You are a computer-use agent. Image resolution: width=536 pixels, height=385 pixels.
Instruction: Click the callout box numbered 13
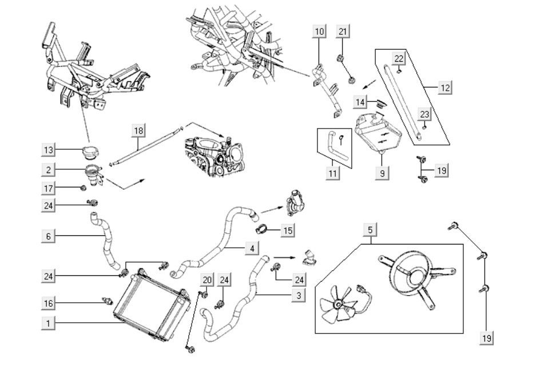49,150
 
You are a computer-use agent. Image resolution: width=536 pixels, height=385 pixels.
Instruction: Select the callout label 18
138,130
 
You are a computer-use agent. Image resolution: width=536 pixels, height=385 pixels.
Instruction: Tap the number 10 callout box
319,31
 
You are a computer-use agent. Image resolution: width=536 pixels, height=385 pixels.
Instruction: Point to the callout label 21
343,31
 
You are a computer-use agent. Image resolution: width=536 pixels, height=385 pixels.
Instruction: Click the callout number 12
445,88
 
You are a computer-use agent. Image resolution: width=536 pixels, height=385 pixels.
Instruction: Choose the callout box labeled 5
370,230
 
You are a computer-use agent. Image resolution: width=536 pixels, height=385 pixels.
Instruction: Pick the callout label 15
288,231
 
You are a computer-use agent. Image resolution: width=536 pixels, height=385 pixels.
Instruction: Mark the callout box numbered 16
49,302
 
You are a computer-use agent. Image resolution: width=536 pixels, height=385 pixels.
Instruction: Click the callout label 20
207,279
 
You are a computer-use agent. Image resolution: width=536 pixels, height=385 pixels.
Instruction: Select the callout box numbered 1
49,323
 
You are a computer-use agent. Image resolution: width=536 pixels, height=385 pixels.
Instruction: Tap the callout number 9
382,172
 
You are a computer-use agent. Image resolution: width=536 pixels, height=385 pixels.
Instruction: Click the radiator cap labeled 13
90,153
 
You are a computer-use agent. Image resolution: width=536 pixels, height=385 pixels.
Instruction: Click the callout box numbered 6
49,235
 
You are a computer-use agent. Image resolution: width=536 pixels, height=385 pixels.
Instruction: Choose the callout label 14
360,102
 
